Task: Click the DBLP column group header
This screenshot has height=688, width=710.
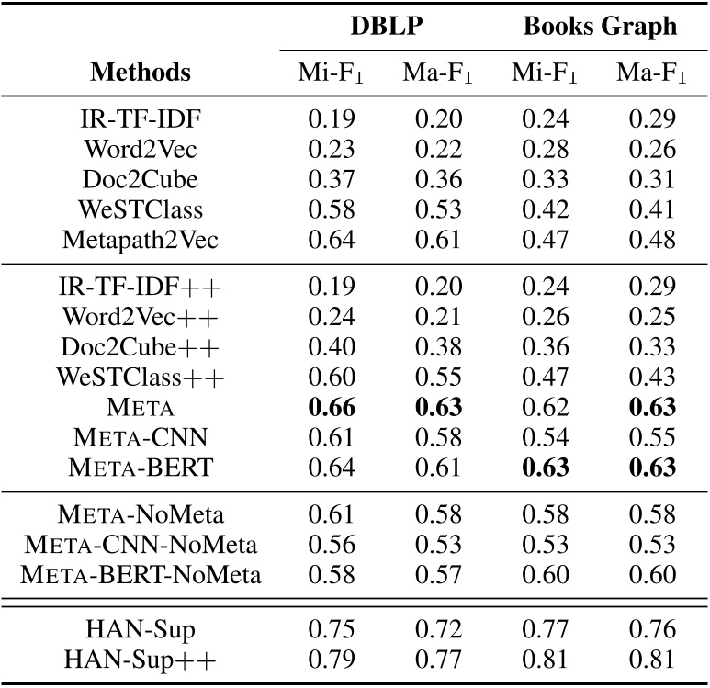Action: coord(386,26)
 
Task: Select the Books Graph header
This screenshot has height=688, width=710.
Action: coord(600,26)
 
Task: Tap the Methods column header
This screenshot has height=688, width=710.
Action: coord(141,73)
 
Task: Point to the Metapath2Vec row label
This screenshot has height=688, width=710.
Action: coord(141,241)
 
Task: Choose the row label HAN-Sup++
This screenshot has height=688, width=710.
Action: coord(141,660)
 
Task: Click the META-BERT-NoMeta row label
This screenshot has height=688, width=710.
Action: coord(141,576)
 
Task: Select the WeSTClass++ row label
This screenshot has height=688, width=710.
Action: coord(141,377)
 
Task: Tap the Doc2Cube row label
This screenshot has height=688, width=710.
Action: coord(141,179)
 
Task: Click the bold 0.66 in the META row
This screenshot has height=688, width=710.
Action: coord(331,407)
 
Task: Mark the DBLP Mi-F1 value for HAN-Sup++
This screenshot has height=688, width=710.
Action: coord(331,660)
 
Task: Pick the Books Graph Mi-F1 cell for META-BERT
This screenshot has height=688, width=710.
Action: coord(546,468)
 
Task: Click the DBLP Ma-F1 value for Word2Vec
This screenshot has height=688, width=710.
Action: coord(438,149)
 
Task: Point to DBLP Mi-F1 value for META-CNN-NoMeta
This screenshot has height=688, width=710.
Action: coord(331,546)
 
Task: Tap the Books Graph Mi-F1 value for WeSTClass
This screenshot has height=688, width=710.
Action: coord(546,210)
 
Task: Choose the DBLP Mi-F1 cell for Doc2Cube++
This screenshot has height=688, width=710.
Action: coord(331,346)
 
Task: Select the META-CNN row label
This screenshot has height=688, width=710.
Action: coord(141,437)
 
